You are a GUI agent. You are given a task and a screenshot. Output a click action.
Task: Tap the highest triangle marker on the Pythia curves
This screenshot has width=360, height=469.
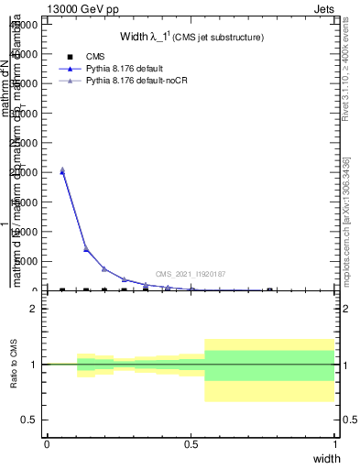pos(62,169)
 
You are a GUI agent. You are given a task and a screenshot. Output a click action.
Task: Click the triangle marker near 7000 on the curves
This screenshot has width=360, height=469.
pos(86,248)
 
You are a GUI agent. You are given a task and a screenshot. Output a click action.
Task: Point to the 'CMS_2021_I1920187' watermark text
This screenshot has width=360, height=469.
pos(190,274)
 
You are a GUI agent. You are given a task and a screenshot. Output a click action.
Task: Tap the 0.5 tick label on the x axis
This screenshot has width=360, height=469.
pos(191,443)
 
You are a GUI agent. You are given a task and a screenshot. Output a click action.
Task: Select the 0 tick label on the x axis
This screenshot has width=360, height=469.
pos(47,443)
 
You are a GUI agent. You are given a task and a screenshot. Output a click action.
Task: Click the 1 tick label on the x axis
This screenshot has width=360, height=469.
pos(334,443)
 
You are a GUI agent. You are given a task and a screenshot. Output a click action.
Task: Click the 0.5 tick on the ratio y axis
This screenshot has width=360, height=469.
pos(29,420)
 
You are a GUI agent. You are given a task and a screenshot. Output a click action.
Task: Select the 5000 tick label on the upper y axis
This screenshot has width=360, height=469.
pos(24,261)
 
